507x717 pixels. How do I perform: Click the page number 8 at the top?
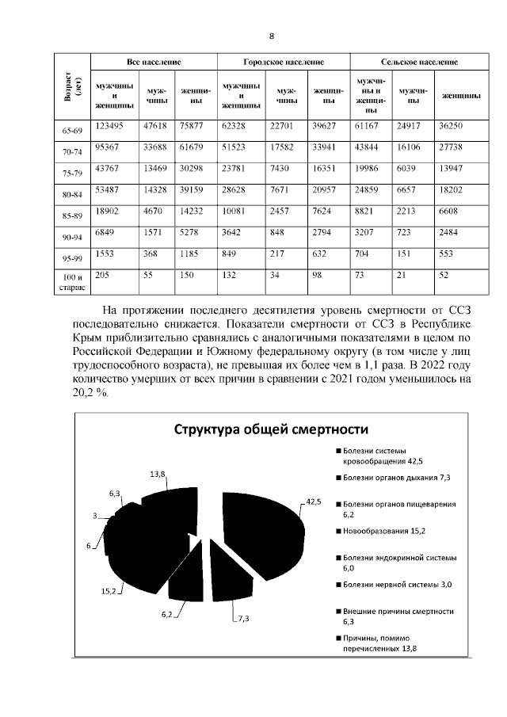(271, 36)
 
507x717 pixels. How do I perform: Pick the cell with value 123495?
(110, 125)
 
